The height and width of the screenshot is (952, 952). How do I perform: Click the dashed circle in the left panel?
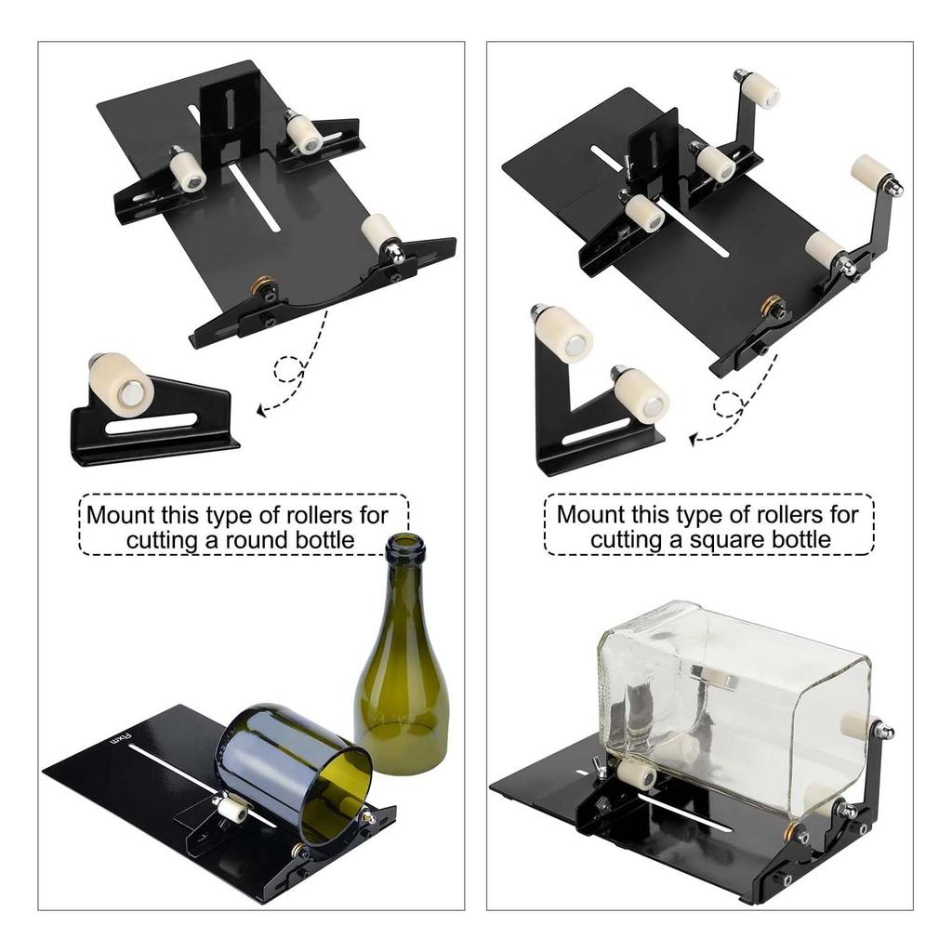click(290, 370)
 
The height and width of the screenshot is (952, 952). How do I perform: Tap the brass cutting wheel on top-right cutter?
click(771, 304)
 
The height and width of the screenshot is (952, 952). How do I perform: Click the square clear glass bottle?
click(734, 707)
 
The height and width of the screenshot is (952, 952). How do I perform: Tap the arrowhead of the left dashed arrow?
click(261, 408)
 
